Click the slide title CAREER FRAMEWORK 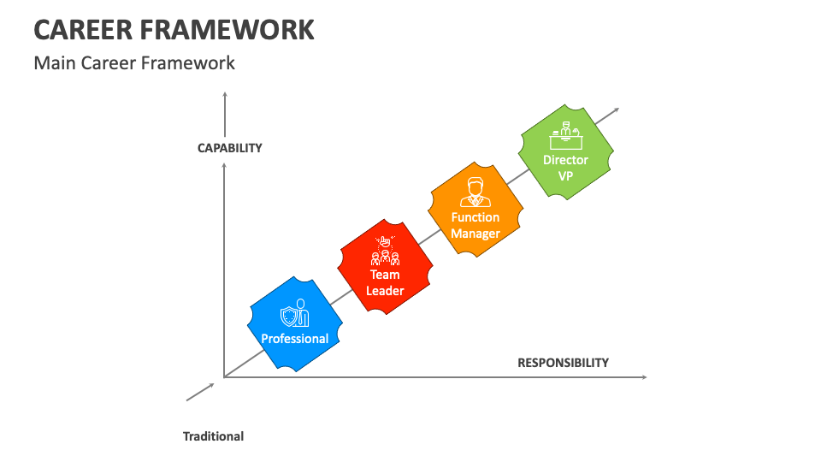point(174,29)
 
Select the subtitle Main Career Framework point(134,62)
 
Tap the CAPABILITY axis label point(229,148)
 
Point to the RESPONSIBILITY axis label point(563,362)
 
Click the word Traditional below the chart point(213,436)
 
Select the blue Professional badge point(294,324)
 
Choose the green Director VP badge point(565,152)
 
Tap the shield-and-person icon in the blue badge point(294,314)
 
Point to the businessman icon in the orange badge point(475,192)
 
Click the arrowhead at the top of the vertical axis point(224,95)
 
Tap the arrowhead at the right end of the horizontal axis point(644,376)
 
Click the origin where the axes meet point(224,376)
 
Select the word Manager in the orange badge point(475,234)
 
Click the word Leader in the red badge point(385,291)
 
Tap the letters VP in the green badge point(565,175)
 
